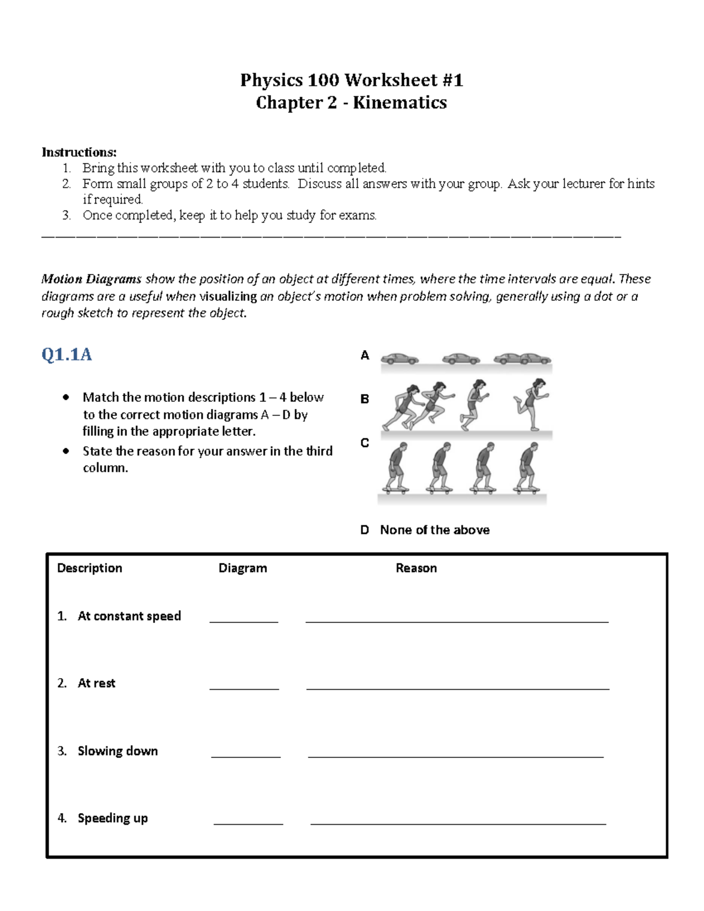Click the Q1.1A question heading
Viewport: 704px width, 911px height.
66,355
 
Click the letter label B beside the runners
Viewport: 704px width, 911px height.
364,399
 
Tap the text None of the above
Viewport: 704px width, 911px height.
435,530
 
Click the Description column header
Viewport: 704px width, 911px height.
89,568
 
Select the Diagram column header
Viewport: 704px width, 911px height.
242,568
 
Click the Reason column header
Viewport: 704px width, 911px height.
416,568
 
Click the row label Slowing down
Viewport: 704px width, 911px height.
117,751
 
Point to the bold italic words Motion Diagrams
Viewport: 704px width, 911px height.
92,279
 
